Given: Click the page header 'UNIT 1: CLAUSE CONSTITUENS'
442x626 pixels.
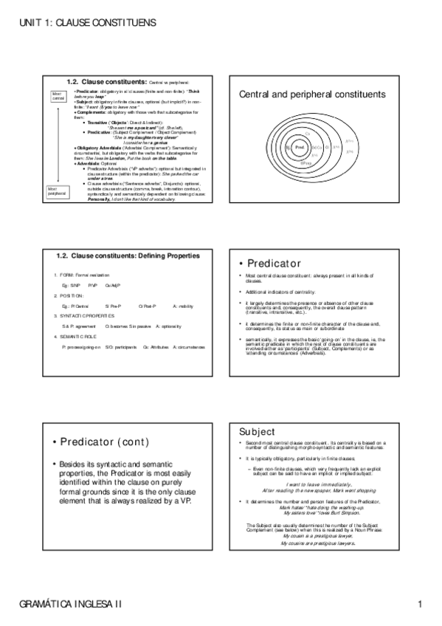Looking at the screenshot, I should click(x=88, y=24).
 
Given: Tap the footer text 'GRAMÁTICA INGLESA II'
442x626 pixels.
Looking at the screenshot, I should click(x=72, y=605).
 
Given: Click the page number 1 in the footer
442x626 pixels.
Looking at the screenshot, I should click(x=419, y=605).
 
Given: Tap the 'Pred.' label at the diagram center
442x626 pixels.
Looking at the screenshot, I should click(x=300, y=148).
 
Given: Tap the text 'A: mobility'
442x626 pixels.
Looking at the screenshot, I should click(x=184, y=305).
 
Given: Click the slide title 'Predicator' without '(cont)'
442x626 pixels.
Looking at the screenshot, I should click(x=274, y=264).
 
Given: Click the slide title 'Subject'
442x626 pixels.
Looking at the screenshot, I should click(x=258, y=431).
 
